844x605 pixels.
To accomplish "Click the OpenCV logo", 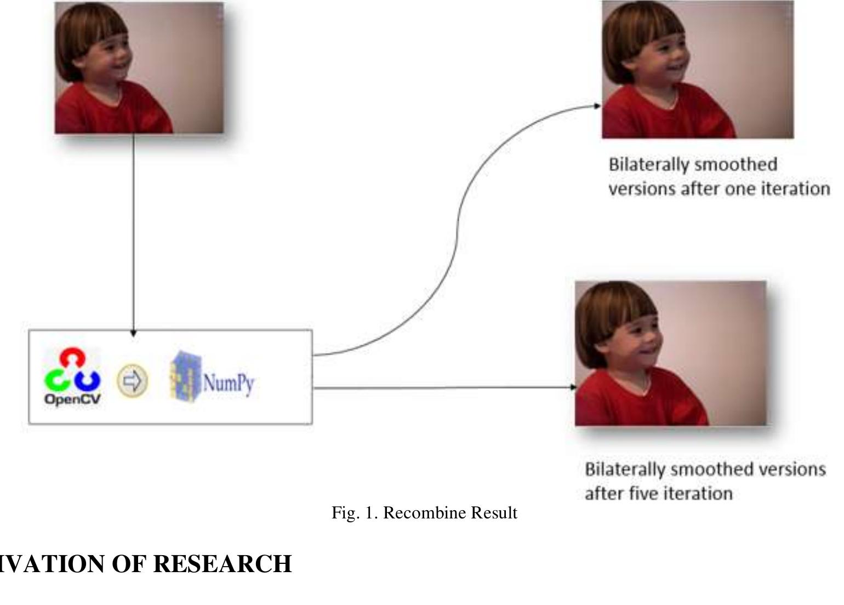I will click(72, 377).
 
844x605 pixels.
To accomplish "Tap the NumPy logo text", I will click(228, 383).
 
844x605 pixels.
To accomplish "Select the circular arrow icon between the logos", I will click(132, 380).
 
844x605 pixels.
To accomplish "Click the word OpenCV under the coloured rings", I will click(72, 399).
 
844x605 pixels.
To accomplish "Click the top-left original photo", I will click(139, 67).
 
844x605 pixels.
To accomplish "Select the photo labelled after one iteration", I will click(697, 69).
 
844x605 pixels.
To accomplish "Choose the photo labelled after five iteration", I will click(670, 353).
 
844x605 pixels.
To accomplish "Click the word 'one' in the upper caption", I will click(738, 189).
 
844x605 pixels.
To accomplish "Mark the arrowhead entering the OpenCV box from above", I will click(133, 333).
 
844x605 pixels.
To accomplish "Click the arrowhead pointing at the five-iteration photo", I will click(573, 387).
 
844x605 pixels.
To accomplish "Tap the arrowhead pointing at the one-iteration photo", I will click(597, 106).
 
